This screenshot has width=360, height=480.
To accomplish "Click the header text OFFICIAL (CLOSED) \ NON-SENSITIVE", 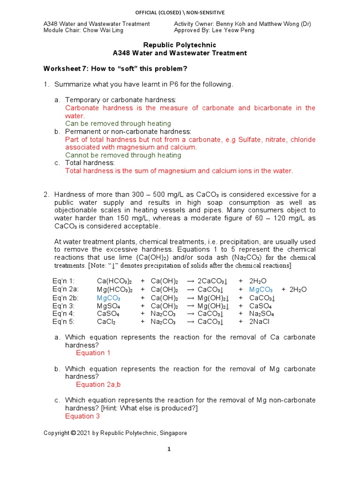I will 180,12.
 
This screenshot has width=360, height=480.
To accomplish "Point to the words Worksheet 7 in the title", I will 65,69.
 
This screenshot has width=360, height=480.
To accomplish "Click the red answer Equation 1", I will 93,353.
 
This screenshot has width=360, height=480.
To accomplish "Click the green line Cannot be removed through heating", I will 123,155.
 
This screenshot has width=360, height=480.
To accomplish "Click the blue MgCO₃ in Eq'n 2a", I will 261,290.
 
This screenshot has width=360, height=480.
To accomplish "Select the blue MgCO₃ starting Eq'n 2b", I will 109,298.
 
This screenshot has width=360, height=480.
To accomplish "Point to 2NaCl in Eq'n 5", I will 260,322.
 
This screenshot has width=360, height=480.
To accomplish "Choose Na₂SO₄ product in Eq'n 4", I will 262,314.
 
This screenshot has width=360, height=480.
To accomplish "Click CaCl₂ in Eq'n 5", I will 106,322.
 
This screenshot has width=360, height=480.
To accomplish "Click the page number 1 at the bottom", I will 170,450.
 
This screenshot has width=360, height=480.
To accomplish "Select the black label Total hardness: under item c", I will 90,163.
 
